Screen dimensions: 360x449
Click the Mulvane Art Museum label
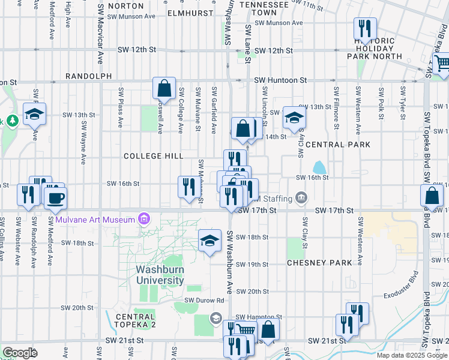[x=95, y=220]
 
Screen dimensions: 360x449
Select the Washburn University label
[x=160, y=275]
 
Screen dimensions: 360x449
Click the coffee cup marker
[x=55, y=198]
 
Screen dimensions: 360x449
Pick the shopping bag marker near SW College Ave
[x=164, y=89]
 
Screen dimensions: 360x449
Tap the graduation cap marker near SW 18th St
[x=209, y=241]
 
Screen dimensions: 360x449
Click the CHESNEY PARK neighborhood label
[x=319, y=263]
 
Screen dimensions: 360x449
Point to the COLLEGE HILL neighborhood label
[x=153, y=156]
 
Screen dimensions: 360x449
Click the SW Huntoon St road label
[x=280, y=80]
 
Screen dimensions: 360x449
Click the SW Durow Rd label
[x=204, y=300]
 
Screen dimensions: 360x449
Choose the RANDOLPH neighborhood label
[x=89, y=76]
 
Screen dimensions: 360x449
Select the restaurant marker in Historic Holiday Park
[x=364, y=28]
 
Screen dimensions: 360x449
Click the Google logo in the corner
[x=20, y=353]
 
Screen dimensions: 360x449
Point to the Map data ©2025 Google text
[x=412, y=355]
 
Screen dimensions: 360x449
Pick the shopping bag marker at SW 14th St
[x=244, y=128]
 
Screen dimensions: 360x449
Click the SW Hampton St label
[x=259, y=317]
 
